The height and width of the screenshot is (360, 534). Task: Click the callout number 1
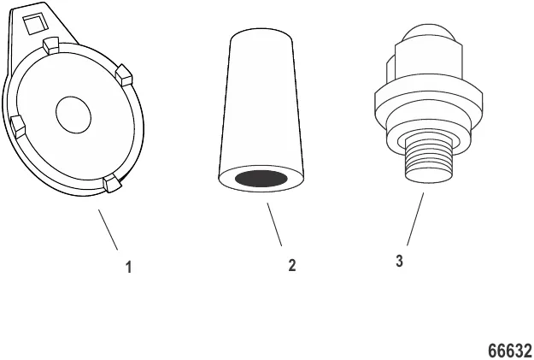tap(128, 268)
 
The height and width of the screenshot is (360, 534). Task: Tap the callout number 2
tap(292, 265)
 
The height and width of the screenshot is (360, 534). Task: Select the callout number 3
tap(400, 261)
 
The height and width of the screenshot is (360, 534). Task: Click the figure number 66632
tap(510, 350)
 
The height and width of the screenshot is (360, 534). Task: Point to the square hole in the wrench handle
tap(33, 25)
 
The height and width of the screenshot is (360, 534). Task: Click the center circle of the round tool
tap(73, 115)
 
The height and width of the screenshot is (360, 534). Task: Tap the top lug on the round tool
tap(50, 45)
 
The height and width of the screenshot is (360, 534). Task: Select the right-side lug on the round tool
tap(124, 75)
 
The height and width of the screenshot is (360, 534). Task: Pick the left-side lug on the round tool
tap(18, 127)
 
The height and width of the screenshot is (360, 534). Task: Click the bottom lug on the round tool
tap(113, 183)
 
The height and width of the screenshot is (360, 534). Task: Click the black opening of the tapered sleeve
tap(261, 179)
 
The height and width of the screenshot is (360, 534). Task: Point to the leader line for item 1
tap(108, 230)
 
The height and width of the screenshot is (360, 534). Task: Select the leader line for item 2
tap(274, 224)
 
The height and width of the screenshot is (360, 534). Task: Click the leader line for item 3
tap(415, 219)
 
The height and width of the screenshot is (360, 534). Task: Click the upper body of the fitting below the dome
tap(428, 62)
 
